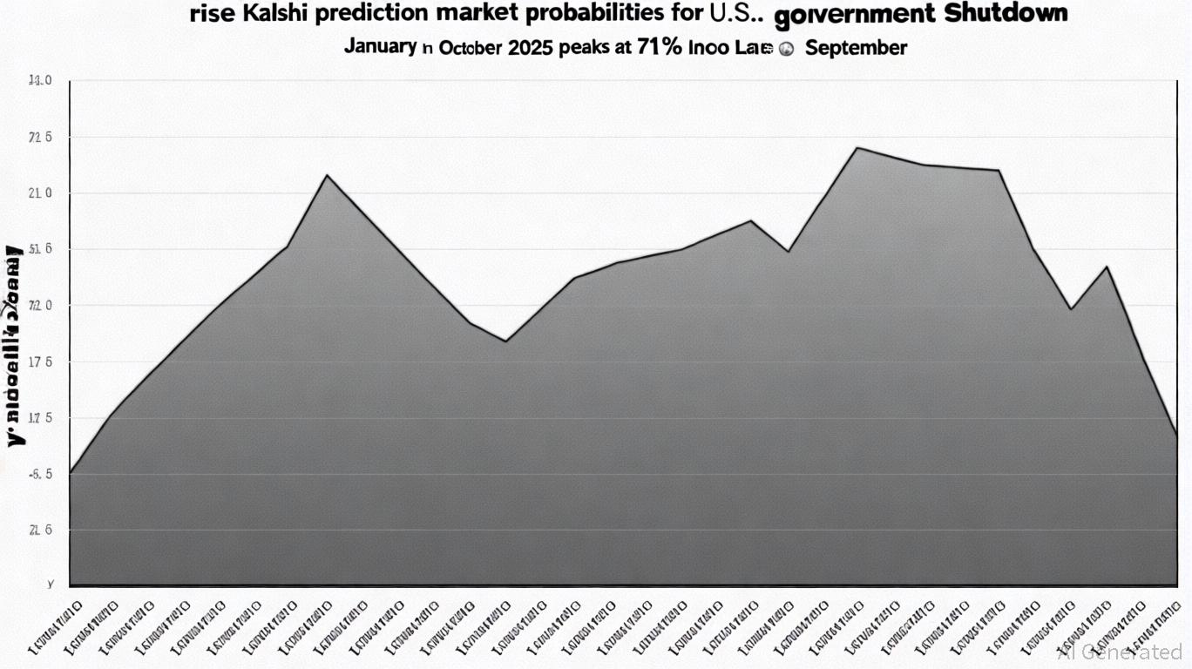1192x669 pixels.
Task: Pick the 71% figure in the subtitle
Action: coord(660,47)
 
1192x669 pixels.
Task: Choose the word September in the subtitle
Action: coord(856,48)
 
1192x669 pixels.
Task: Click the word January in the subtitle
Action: coord(380,46)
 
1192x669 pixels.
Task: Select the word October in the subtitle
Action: coord(470,48)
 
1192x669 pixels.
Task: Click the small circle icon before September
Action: coord(785,50)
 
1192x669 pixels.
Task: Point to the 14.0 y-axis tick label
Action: coord(40,81)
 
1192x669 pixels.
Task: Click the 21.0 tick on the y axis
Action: coord(40,193)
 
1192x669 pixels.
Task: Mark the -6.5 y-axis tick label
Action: coord(40,475)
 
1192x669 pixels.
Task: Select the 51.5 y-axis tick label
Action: coord(40,250)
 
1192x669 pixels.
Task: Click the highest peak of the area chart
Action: coord(857,148)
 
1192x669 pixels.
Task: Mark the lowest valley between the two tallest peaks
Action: coord(506,341)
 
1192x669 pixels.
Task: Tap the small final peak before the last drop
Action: coord(1107,267)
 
